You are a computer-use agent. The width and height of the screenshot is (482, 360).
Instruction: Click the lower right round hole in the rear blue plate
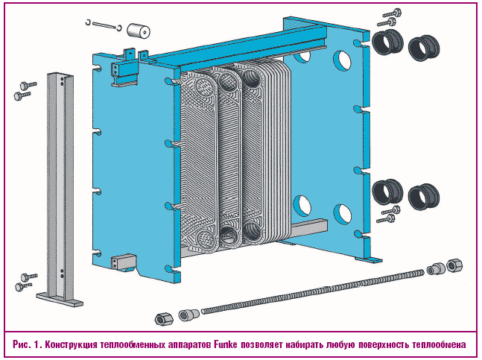tap(342, 213)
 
